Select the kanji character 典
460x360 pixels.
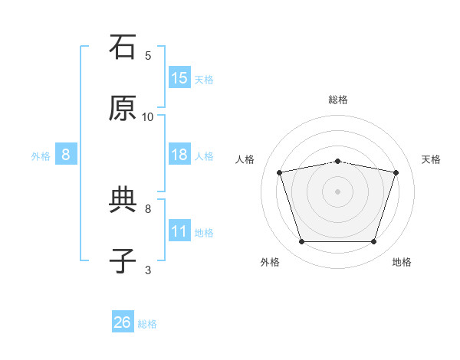coord(123,200)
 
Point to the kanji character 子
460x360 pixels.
coord(123,261)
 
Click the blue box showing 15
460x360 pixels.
coord(179,77)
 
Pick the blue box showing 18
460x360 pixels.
coord(179,155)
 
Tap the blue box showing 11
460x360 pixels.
coord(179,231)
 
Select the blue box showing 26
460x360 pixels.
coord(123,322)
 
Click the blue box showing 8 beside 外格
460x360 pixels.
coord(66,155)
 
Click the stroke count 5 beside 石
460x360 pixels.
coord(148,55)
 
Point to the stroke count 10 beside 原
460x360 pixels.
coord(148,116)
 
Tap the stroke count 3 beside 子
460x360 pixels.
coord(148,270)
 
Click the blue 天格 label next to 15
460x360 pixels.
coord(204,79)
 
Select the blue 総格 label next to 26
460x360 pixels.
coord(147,324)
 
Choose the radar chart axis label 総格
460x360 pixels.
coord(338,100)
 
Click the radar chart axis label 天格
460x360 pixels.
coord(431,159)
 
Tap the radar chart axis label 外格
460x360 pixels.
coord(270,262)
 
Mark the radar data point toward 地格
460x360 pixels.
coord(373,242)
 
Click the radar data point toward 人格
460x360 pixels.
coord(280,172)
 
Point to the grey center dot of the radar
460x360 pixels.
coord(338,191)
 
